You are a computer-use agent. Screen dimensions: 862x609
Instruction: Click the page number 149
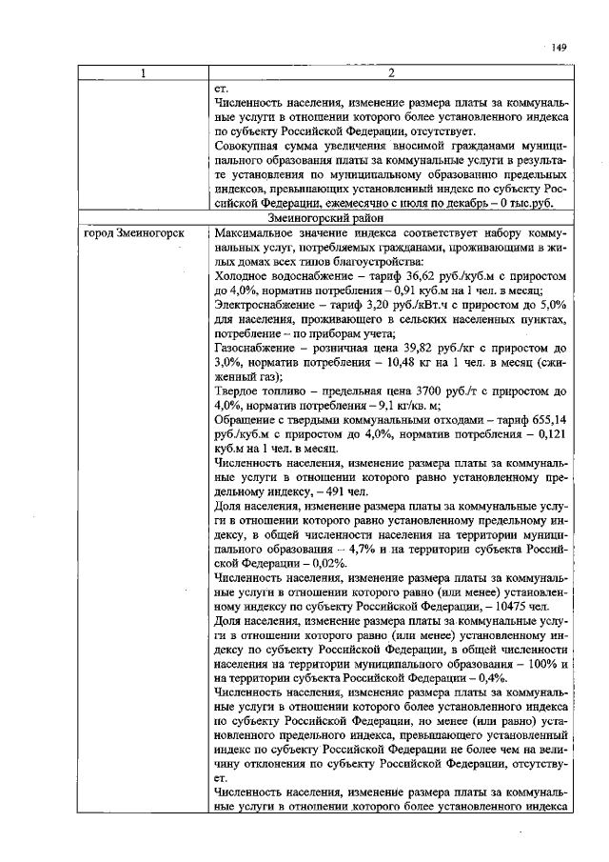pos(559,48)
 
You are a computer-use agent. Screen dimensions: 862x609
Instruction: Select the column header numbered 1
pos(144,74)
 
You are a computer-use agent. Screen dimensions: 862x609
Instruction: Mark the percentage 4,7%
pos(361,550)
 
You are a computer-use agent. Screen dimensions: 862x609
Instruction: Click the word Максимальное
pos(256,233)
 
